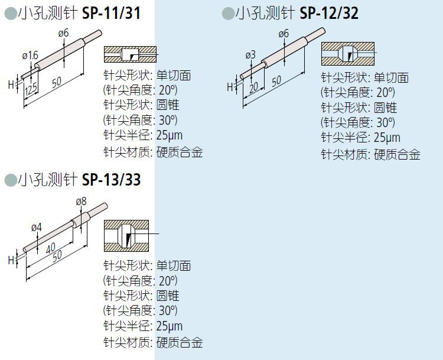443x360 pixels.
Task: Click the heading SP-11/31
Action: tap(111, 12)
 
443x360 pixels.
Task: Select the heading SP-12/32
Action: tap(329, 12)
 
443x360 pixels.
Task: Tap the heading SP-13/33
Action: tap(111, 179)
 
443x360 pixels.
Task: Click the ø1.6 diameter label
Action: tap(30, 55)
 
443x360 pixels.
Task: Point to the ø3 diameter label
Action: tap(250, 54)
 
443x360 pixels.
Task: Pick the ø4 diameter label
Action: tap(37, 226)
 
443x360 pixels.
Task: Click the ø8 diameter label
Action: tap(82, 201)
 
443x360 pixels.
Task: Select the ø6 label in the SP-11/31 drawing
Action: tap(64, 34)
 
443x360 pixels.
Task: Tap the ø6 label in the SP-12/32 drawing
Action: tap(283, 33)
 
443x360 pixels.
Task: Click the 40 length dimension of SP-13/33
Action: tap(51, 246)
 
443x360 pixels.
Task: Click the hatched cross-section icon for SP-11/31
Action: tap(130, 54)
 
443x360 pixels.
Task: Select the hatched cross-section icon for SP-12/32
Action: tap(347, 54)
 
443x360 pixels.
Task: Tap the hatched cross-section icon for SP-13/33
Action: tap(126, 236)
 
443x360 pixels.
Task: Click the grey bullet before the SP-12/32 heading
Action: tap(227, 13)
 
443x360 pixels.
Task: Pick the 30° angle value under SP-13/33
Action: tap(168, 310)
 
